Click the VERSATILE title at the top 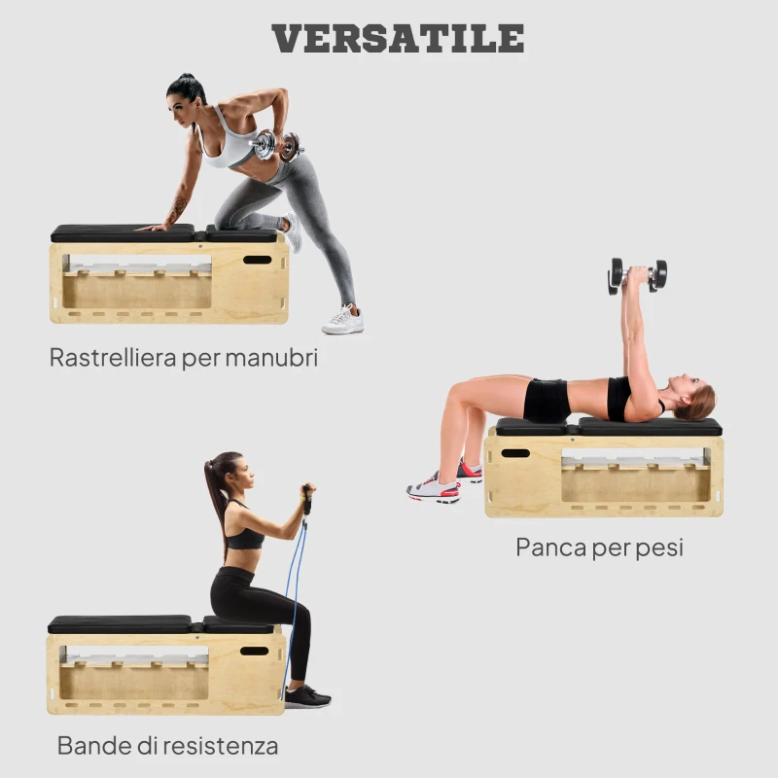coord(398,38)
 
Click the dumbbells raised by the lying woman coord(638,273)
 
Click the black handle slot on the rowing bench coord(257,260)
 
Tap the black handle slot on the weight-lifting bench coord(515,453)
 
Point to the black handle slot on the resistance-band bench coord(254,651)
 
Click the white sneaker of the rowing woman coord(343,320)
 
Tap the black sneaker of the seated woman coord(306,696)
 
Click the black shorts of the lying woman coord(547,400)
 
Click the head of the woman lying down coord(694,402)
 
